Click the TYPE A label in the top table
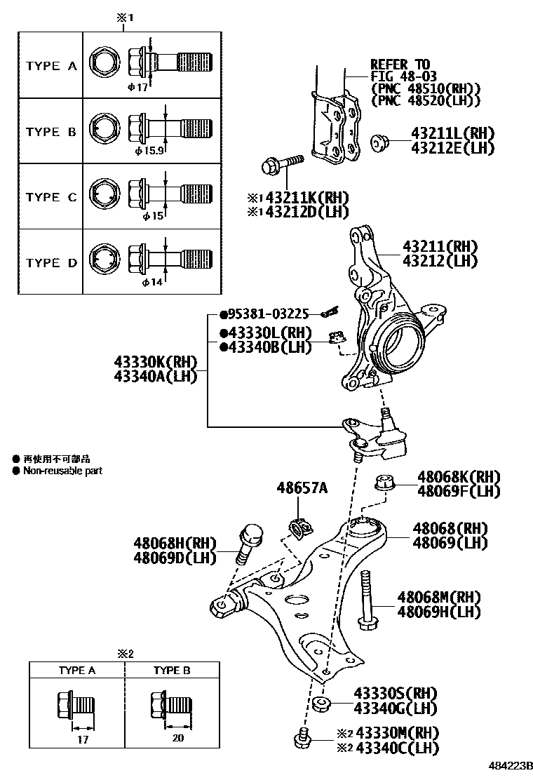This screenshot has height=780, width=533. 51,66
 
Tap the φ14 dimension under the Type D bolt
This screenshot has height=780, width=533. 152,282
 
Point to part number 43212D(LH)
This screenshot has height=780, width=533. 302,211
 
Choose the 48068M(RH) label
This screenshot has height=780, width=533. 439,598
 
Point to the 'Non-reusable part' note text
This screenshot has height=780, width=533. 62,471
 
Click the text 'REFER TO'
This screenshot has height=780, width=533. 400,65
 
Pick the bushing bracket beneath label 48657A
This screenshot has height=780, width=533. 299,527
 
